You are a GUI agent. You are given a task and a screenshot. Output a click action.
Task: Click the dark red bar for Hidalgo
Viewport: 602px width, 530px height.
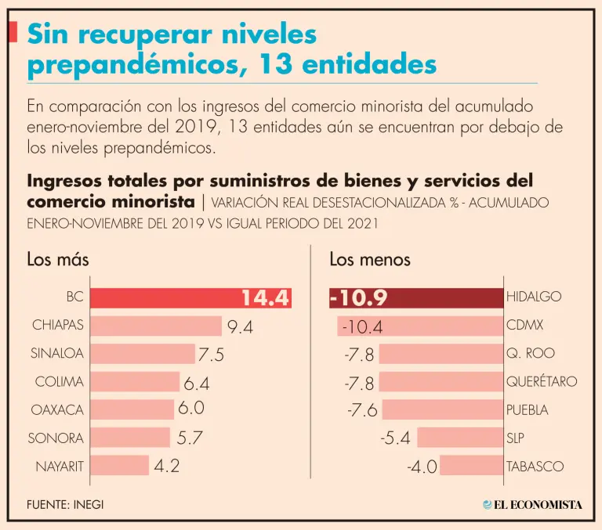tap(415, 297)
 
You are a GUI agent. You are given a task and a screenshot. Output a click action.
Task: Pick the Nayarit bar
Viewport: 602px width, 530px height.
tap(118, 466)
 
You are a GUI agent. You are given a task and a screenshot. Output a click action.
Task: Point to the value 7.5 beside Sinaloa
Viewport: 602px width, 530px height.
tap(211, 355)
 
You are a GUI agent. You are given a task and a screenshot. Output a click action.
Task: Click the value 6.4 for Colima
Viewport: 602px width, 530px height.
tap(196, 383)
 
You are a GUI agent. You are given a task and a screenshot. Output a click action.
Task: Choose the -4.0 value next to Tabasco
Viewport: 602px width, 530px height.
tap(422, 467)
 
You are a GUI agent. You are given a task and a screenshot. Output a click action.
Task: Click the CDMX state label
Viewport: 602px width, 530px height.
tap(524, 325)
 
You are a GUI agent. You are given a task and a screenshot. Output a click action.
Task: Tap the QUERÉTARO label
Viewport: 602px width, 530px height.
tap(542, 381)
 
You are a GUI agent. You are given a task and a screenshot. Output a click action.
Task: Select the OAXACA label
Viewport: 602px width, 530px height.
tap(57, 409)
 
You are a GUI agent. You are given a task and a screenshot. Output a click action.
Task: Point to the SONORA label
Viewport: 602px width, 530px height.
tap(56, 438)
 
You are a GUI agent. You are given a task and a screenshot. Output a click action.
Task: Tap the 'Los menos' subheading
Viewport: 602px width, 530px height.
tap(370, 259)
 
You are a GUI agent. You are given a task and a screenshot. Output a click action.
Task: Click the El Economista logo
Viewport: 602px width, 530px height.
tap(532, 505)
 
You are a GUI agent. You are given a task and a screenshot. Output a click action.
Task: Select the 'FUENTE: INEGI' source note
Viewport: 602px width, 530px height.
tap(64, 505)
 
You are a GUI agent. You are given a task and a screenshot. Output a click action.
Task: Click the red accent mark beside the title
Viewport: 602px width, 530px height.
tap(13, 32)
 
